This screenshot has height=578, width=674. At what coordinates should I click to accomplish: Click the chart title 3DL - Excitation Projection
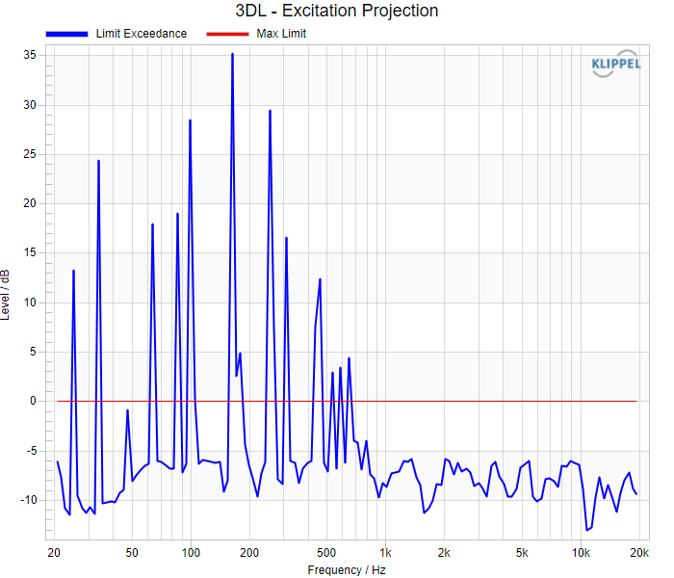(337, 11)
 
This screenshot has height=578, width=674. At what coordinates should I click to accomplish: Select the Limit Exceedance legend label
(141, 34)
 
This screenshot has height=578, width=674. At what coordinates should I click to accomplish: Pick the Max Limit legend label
(281, 34)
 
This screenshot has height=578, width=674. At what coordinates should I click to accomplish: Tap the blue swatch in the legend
(66, 34)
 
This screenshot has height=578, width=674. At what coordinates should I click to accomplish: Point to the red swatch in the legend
(227, 34)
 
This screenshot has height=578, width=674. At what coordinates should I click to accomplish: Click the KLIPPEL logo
(615, 64)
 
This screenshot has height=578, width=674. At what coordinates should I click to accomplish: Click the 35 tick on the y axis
(30, 55)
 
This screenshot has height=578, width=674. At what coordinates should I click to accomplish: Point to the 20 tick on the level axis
(30, 203)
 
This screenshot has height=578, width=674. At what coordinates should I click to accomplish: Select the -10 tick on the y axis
(28, 500)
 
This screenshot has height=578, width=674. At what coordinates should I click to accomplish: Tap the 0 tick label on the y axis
(33, 402)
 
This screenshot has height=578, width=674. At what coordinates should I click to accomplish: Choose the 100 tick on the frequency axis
(191, 553)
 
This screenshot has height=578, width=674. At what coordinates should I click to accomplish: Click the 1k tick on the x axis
(385, 553)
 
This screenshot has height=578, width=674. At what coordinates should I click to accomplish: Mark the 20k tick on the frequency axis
(639, 553)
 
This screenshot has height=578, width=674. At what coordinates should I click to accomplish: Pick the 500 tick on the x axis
(326, 553)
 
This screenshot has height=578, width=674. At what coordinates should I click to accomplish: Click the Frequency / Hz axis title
(347, 570)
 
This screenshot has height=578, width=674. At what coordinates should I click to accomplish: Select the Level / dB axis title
(5, 295)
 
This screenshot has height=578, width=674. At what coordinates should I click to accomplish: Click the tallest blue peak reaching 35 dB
(233, 54)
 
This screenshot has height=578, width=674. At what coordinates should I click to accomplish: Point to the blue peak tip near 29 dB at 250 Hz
(270, 111)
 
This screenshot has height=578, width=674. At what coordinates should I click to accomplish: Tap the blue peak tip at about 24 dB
(98, 161)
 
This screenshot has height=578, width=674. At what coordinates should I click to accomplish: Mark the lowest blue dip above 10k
(586, 530)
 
